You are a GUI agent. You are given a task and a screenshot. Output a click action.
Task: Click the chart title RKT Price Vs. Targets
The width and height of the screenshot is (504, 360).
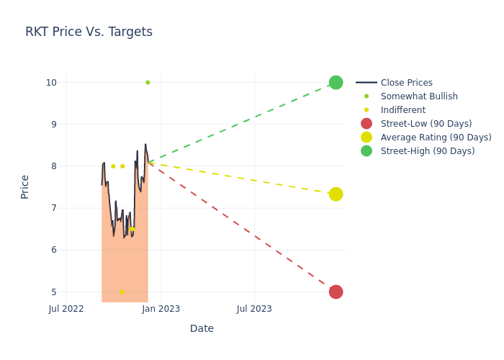89,32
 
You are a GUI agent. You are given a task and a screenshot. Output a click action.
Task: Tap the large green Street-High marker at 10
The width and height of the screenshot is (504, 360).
336,82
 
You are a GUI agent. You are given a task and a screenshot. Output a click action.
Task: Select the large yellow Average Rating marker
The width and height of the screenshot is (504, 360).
336,194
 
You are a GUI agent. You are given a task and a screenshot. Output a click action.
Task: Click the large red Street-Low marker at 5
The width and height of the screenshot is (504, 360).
336,292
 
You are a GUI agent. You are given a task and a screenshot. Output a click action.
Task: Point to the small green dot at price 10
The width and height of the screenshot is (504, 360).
148,82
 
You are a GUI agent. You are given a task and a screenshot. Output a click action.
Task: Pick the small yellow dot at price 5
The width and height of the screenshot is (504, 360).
122,292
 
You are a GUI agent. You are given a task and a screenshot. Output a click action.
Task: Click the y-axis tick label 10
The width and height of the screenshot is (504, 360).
51,82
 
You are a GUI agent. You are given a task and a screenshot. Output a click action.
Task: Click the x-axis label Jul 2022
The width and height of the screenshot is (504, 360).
66,309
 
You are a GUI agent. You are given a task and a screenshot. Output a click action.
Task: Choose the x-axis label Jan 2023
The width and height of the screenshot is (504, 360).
161,309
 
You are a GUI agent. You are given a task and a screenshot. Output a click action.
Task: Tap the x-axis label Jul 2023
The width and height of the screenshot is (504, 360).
254,309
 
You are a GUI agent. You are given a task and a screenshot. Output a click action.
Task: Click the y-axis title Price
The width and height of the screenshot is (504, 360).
25,186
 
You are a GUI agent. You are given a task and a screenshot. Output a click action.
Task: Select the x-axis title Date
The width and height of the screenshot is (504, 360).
202,328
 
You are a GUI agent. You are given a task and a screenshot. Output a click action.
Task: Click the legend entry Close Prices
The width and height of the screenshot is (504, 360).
406,83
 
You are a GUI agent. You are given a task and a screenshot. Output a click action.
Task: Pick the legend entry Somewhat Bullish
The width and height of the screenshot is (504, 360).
418,96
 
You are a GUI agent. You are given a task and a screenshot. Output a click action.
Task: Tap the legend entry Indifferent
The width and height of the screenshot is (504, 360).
402,110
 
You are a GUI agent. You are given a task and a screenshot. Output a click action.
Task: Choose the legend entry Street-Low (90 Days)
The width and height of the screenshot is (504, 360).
426,124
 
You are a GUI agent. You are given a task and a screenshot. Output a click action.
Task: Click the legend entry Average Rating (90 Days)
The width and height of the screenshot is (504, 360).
436,138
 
